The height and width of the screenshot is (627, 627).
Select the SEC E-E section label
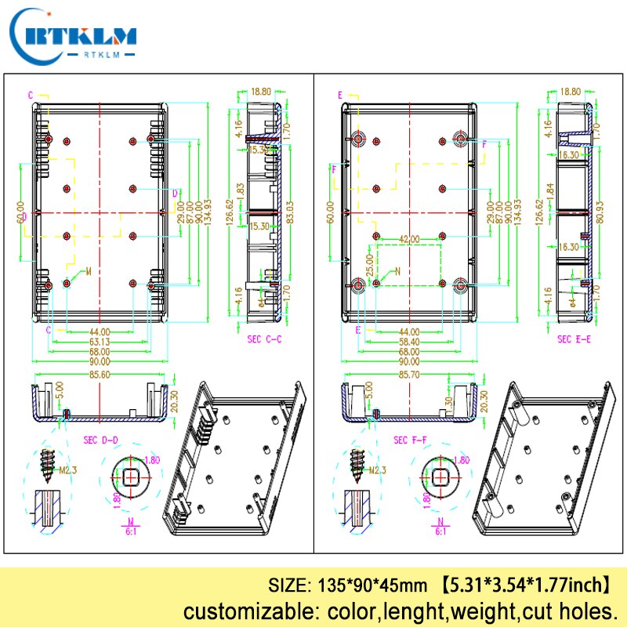[575, 339]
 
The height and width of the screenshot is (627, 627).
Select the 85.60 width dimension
[99, 375]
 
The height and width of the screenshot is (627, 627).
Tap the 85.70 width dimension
[410, 375]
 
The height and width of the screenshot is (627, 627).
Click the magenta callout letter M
[88, 271]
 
